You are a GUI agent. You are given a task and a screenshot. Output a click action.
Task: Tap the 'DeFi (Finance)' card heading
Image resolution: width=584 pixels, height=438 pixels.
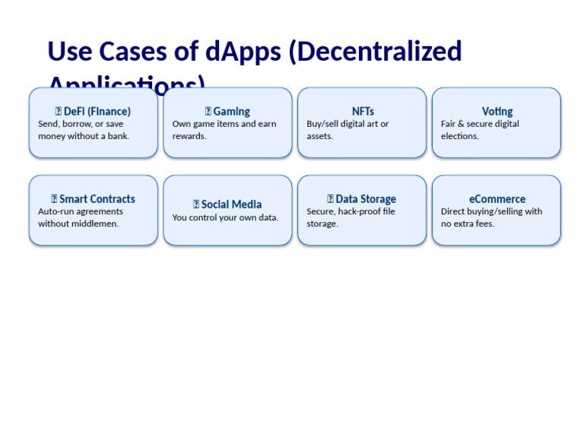click(97, 111)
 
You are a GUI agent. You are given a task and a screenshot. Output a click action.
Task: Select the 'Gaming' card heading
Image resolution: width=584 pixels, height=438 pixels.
click(231, 111)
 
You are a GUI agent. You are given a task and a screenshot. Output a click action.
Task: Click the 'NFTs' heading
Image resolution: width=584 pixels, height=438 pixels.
click(363, 111)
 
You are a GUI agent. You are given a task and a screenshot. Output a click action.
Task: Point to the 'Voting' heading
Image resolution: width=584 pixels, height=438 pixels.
click(497, 111)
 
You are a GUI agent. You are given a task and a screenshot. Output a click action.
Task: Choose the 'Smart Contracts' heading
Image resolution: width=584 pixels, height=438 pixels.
click(97, 199)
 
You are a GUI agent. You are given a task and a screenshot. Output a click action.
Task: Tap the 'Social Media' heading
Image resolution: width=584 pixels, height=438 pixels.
click(231, 204)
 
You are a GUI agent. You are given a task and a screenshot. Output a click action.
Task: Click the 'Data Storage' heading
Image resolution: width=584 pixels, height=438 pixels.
click(365, 199)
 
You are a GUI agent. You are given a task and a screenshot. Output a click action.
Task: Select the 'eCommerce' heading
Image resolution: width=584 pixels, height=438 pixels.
click(497, 199)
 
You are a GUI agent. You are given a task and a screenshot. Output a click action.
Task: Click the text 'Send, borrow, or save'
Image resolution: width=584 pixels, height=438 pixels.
click(81, 124)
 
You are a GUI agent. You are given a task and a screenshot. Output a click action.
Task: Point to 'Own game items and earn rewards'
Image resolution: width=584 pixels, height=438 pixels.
click(224, 129)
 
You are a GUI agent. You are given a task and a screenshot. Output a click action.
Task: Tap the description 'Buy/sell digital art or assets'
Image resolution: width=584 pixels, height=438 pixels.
click(348, 129)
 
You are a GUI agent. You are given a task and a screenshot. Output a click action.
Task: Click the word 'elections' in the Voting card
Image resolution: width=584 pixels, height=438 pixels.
click(459, 136)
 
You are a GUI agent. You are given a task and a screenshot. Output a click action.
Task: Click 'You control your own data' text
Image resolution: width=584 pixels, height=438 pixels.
click(225, 217)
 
